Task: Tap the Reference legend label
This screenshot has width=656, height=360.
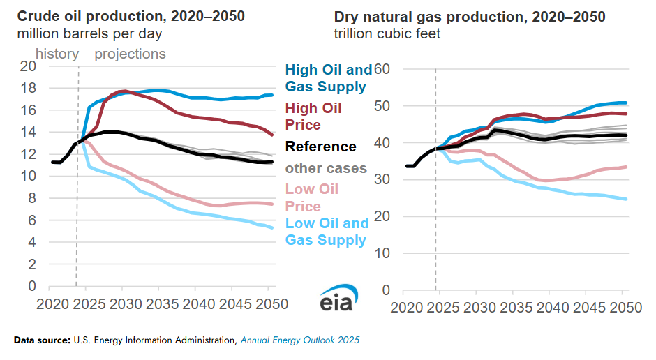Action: [320, 147]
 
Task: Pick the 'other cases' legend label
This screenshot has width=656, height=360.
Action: [325, 168]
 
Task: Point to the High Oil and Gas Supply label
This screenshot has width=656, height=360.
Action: [328, 78]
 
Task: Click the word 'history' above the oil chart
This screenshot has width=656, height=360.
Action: [57, 54]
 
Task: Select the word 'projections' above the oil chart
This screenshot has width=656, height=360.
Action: [130, 54]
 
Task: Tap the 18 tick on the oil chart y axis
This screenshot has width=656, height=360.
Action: [28, 88]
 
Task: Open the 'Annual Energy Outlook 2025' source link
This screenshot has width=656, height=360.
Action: [300, 340]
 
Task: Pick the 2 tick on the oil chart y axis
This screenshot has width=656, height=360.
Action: [31, 264]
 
